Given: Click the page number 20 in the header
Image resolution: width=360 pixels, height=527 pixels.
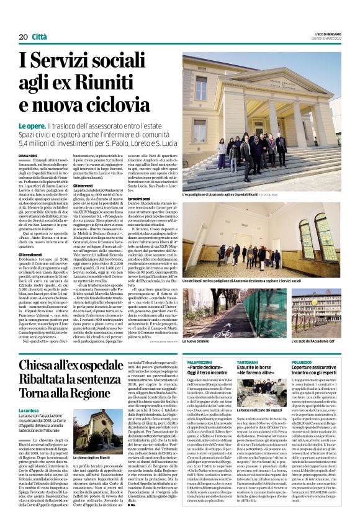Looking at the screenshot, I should (x=22, y=38).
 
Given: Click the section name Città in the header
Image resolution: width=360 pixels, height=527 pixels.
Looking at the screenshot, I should (x=39, y=38).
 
